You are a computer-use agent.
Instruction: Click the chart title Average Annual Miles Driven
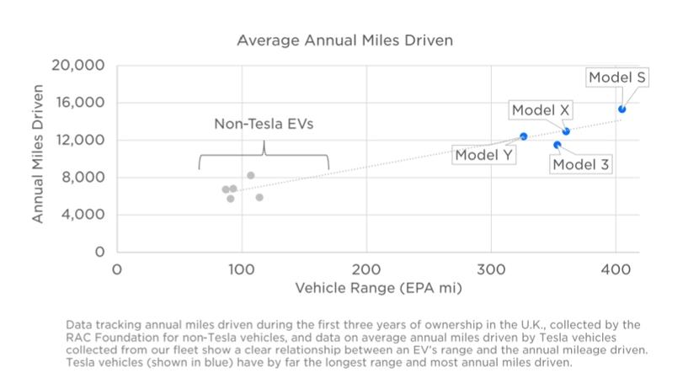pos(345,40)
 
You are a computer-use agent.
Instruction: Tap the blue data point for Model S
pos(622,109)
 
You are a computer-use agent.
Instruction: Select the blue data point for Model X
pos(566,131)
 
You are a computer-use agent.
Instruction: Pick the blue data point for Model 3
pos(557,145)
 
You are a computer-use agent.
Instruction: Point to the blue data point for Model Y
pos(523,136)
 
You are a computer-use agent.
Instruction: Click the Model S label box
pos(617,77)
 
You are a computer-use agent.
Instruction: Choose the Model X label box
pos(540,110)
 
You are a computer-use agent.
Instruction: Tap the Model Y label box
pos(484,155)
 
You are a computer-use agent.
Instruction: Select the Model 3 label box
pos(581,164)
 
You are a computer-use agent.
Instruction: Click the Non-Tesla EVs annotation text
pos(264,125)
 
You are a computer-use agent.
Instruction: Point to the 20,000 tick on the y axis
pos(77,66)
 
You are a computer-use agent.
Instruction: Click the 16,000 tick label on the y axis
pos(77,103)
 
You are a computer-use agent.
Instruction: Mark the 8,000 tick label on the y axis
pos(82,178)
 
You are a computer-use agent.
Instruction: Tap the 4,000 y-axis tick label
pos(82,215)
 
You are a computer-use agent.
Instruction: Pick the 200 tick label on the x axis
pos(366,269)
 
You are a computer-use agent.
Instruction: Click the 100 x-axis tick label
pos(242,269)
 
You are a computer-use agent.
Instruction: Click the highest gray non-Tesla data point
pos(251,175)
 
